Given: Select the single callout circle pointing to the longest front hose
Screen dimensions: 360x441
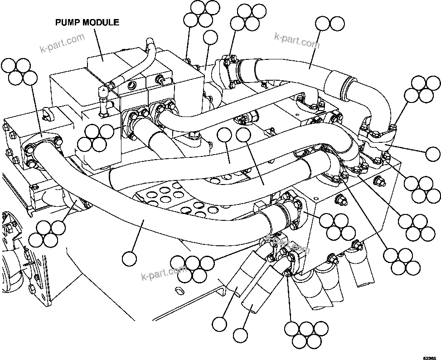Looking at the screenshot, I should (x=129, y=258).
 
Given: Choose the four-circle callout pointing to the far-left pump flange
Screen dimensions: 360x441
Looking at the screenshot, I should (x=19, y=71).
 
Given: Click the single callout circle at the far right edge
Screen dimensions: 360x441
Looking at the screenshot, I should (x=433, y=154).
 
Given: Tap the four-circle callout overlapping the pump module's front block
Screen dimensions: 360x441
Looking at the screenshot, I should (x=96, y=138).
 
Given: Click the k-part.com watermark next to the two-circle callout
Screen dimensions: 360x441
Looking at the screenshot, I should (x=297, y=40).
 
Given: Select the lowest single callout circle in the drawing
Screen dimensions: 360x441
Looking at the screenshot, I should (x=240, y=335).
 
